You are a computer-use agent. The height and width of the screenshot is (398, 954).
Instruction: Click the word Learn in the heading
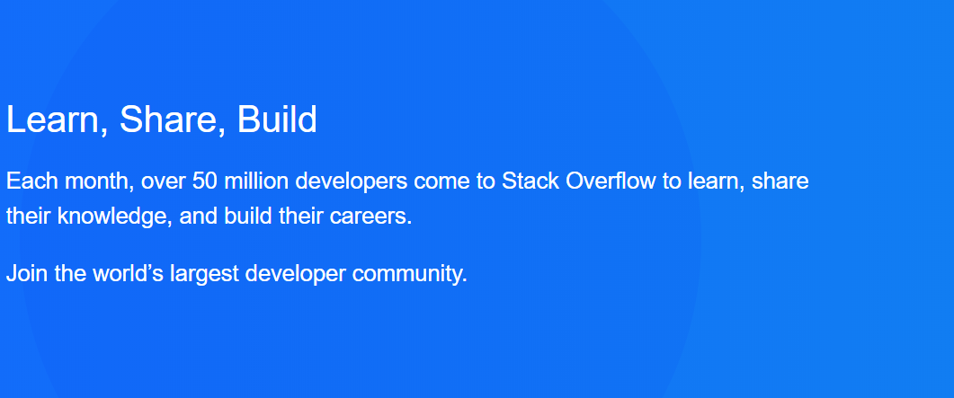click(52, 119)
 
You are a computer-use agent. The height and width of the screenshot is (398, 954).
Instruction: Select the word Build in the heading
click(277, 119)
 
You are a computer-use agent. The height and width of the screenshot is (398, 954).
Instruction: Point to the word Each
click(31, 181)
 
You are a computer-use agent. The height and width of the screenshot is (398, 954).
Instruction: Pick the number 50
click(204, 181)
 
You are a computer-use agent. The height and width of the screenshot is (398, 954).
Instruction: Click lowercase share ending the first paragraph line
click(780, 181)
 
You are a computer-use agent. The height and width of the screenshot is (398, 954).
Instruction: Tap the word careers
click(370, 217)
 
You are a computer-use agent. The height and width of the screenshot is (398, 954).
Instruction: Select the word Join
click(27, 274)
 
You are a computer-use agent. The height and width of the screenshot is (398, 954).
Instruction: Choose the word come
click(442, 182)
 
